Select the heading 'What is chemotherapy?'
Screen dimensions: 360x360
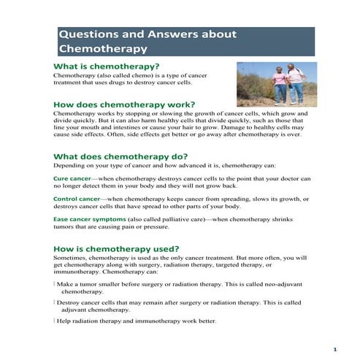106,67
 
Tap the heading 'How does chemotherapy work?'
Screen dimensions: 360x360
124,104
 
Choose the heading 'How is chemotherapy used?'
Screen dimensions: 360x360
116,249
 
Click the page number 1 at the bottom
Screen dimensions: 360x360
334,348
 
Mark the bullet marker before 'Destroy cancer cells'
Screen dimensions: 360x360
55,302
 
